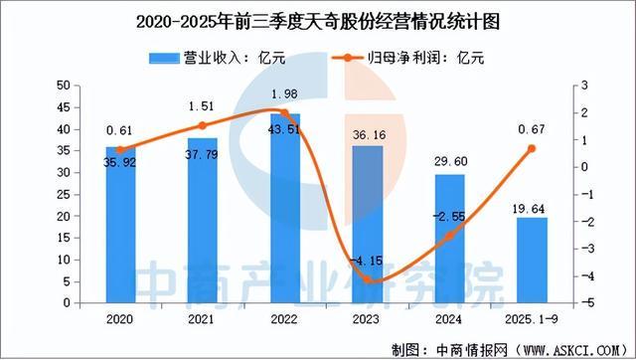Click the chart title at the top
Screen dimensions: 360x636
point(318,19)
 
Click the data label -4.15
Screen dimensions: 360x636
point(369,262)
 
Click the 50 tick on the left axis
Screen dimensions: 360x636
point(64,86)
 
